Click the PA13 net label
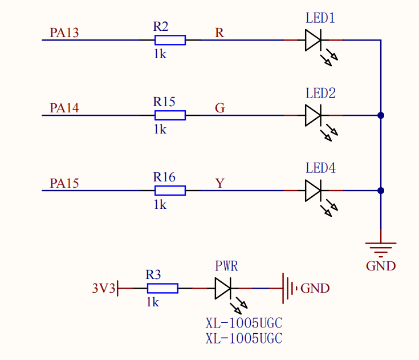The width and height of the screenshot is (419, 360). (64, 33)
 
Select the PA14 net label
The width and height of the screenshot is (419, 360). (64, 108)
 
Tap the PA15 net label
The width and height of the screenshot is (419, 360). (64, 183)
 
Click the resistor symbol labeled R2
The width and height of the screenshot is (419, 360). (170, 40)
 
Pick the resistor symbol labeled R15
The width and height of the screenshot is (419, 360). (170, 115)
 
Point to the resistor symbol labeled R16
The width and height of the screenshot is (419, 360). (170, 191)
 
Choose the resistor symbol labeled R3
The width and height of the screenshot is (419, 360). (162, 289)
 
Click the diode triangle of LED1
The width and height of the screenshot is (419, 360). (314, 40)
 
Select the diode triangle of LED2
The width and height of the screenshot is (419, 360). (314, 115)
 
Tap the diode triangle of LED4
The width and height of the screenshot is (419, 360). (314, 191)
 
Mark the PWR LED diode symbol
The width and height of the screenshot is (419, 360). (223, 289)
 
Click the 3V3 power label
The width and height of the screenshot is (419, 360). (104, 289)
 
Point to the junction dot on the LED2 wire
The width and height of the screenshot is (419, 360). (381, 115)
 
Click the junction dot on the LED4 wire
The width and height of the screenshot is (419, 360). (381, 191)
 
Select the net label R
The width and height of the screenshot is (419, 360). (219, 33)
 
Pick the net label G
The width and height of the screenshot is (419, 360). (219, 108)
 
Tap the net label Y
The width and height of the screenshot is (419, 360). (219, 183)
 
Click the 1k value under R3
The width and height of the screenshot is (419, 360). (153, 302)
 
